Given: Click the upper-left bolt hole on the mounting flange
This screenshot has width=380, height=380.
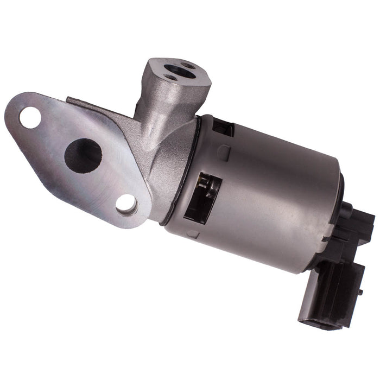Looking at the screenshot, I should click(x=30, y=117).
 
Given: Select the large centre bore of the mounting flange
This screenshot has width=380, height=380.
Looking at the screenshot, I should click(x=83, y=155).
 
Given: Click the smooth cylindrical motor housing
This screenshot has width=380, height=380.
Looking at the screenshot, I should click(x=271, y=190).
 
